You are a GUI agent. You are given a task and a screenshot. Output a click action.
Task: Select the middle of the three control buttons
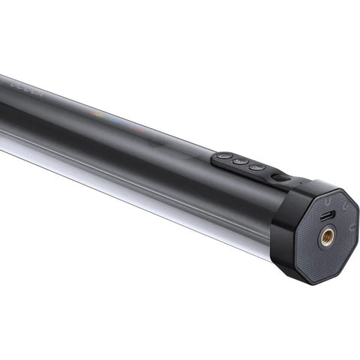pos(238,161)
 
